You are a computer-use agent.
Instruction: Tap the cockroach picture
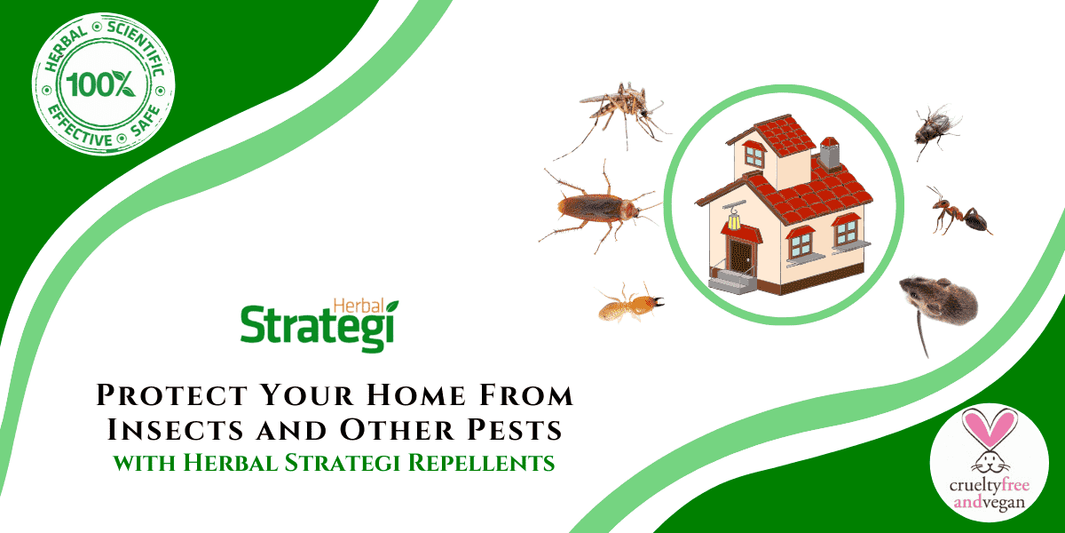[597, 210]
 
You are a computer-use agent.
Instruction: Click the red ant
[959, 212]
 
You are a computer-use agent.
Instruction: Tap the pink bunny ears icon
[987, 432]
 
